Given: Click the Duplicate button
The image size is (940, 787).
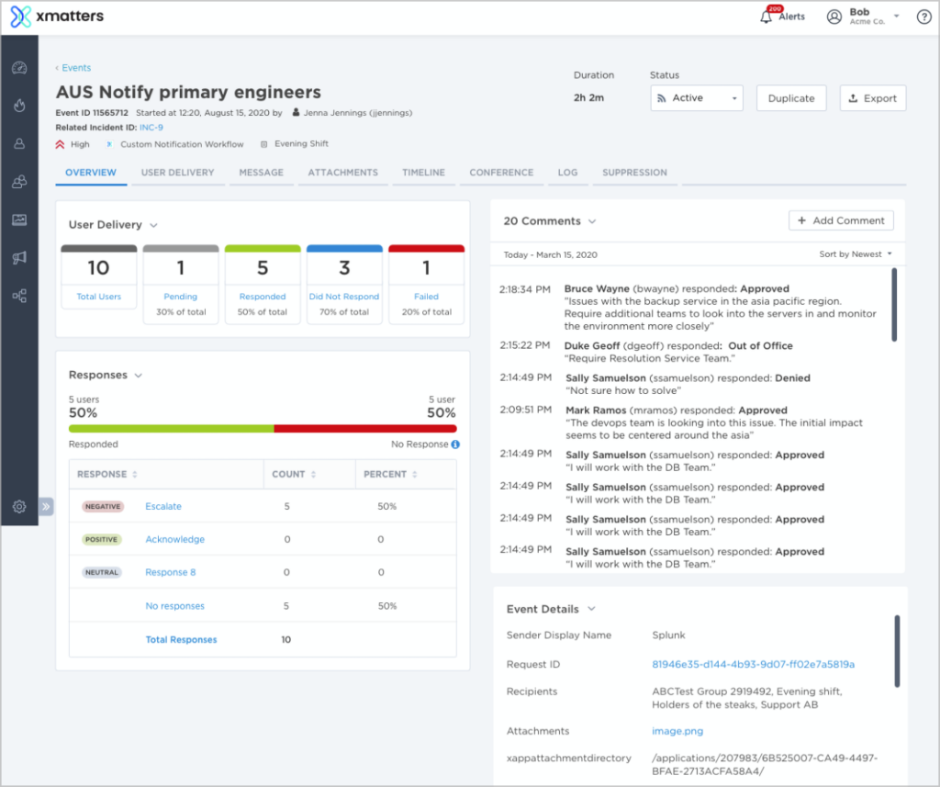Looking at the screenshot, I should click(791, 98).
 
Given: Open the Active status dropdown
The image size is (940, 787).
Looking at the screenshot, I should click(696, 98).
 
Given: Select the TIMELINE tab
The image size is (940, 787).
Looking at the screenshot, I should click(423, 173).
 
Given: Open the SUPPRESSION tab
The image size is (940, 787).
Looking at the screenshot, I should click(634, 173).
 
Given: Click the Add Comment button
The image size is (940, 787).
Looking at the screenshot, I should click(841, 220).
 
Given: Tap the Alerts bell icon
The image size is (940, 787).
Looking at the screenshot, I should click(767, 17).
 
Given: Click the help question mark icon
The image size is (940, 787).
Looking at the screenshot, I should click(923, 17).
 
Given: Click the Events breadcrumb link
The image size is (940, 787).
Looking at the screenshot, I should click(75, 68).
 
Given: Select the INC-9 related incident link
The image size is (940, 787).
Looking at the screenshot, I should click(151, 128).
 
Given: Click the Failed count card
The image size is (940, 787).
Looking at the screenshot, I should click(426, 284).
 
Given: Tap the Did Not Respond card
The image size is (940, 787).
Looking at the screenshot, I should click(344, 284).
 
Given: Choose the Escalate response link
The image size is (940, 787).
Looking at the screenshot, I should click(163, 506).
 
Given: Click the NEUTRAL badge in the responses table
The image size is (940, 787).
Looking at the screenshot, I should click(101, 572).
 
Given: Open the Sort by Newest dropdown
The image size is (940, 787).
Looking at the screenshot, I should click(856, 254).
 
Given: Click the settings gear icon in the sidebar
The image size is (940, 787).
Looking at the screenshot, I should click(18, 506).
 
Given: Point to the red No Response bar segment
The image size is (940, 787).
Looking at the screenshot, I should click(364, 429).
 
